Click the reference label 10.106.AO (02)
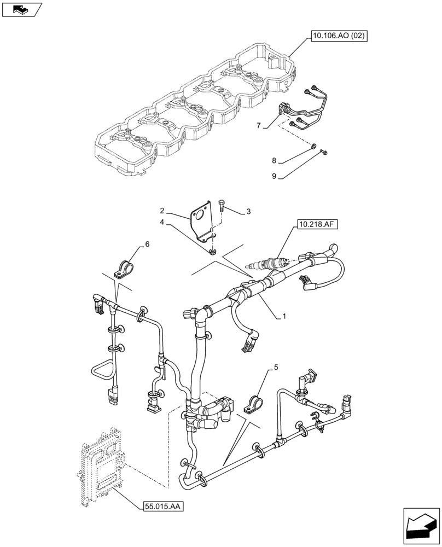pos(338,37)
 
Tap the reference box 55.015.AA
pos(161,507)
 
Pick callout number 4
pos(162,222)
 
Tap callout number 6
pos(147,244)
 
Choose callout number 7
pos(258,126)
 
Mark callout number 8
pos(275,161)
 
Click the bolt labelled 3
pos(222,205)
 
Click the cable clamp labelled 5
pos(252,406)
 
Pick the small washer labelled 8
pos(312,146)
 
